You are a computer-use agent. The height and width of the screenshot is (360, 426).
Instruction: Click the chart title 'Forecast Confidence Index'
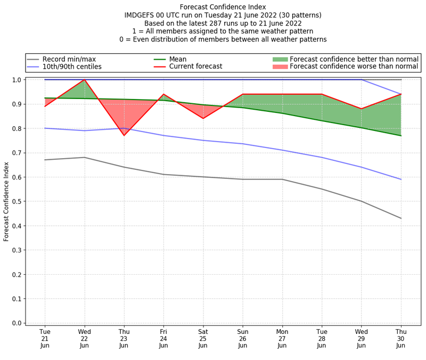(223, 7)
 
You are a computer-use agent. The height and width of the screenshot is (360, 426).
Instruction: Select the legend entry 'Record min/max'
(69, 59)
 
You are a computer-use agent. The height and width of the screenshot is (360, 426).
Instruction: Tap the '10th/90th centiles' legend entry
(72, 67)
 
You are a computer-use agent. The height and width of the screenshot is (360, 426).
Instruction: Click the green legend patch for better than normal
(280, 59)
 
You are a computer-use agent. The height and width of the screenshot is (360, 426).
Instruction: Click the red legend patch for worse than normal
(280, 67)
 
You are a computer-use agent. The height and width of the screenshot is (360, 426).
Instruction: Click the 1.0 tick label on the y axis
(16, 80)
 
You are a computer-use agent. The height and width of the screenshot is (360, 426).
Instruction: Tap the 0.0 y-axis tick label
(16, 323)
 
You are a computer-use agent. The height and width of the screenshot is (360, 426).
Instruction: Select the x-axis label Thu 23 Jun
(124, 339)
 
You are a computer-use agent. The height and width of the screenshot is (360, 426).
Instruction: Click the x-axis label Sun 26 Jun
(242, 339)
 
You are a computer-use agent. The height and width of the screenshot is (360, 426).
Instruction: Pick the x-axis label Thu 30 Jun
(401, 339)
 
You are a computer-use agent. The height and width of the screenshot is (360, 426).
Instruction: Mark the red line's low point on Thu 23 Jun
(124, 135)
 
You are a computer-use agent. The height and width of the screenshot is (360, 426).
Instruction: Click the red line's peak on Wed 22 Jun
(85, 80)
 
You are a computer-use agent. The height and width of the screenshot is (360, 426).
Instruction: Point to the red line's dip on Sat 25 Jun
(203, 118)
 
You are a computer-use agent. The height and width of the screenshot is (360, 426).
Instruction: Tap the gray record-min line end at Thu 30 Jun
(401, 218)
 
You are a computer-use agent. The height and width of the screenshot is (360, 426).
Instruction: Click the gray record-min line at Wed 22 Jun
(85, 157)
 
